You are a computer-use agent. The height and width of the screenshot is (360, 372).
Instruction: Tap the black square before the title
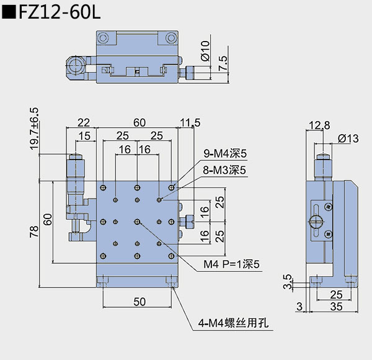(10, 14)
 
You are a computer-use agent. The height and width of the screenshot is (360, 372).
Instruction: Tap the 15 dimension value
(84, 136)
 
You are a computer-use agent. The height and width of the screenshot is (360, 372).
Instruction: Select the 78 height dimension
(34, 231)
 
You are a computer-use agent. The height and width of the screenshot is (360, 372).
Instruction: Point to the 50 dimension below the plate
(139, 302)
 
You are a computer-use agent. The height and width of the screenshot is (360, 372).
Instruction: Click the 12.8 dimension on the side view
(318, 125)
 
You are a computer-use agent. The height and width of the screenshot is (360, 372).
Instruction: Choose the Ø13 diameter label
(348, 139)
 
